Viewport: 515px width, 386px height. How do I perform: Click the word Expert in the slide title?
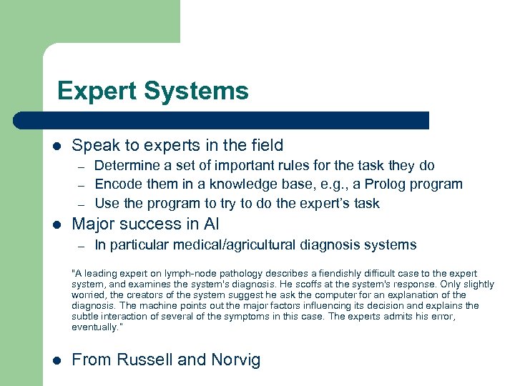click(97, 91)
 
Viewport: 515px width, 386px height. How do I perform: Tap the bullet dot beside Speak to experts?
click(56, 146)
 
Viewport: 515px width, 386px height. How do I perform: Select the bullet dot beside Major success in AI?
click(56, 224)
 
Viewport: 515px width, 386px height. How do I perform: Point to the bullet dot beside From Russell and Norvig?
click(56, 360)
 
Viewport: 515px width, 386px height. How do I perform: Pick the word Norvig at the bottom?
click(235, 360)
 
